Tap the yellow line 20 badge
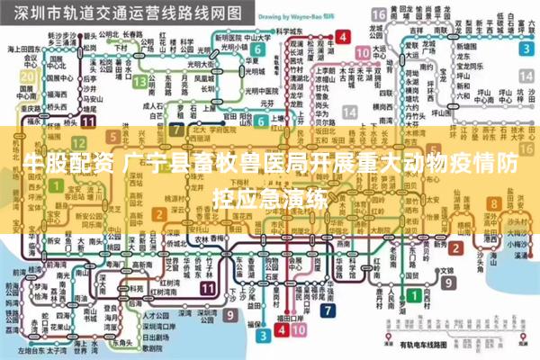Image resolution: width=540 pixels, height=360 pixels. [28, 76]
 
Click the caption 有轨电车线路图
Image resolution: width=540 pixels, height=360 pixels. [422, 345]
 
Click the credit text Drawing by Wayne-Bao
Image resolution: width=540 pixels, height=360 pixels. [286, 16]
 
